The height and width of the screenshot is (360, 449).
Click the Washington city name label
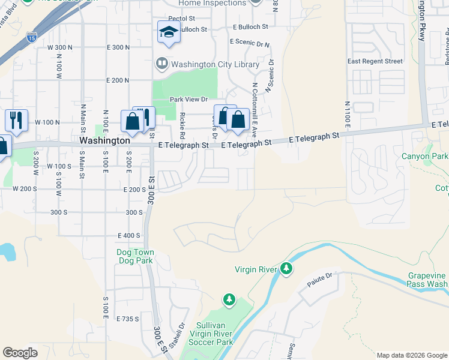[104, 140]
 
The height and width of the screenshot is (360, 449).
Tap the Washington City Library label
[215, 64]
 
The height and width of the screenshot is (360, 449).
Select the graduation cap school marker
[169, 32]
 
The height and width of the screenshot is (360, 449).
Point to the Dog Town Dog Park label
[135, 256]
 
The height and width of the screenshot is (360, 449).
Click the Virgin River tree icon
[287, 269]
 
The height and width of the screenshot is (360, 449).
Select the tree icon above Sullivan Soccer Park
[228, 299]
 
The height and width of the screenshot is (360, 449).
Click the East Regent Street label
[375, 61]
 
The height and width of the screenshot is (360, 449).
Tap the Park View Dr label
[188, 99]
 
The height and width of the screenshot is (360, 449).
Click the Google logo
[20, 353]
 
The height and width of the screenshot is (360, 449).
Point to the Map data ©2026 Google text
[412, 355]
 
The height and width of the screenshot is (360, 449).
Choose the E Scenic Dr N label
[250, 43]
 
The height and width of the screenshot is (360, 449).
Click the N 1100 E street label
[347, 114]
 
